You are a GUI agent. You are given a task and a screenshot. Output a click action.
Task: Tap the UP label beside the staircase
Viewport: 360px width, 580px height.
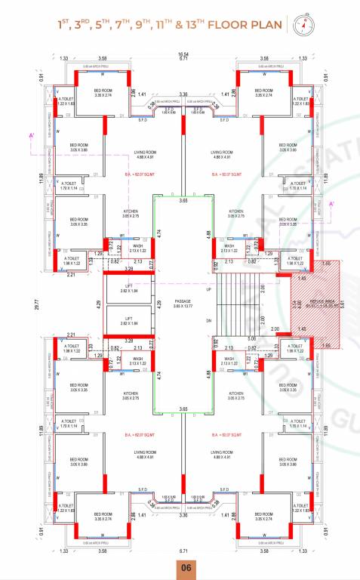tap(210, 289)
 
